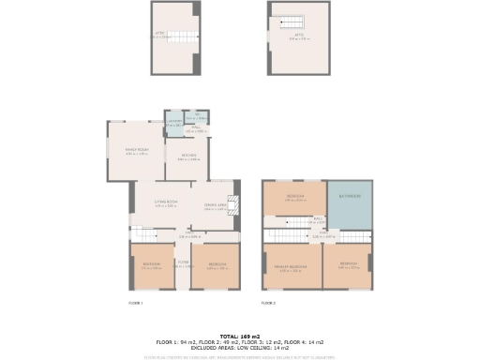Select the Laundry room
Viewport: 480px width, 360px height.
click(174, 122)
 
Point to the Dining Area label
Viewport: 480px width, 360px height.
click(216, 207)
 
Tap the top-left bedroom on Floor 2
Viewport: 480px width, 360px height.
click(294, 198)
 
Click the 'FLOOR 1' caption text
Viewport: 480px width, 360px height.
click(135, 304)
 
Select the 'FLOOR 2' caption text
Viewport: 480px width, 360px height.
click(269, 304)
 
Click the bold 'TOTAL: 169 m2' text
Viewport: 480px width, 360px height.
click(240, 336)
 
